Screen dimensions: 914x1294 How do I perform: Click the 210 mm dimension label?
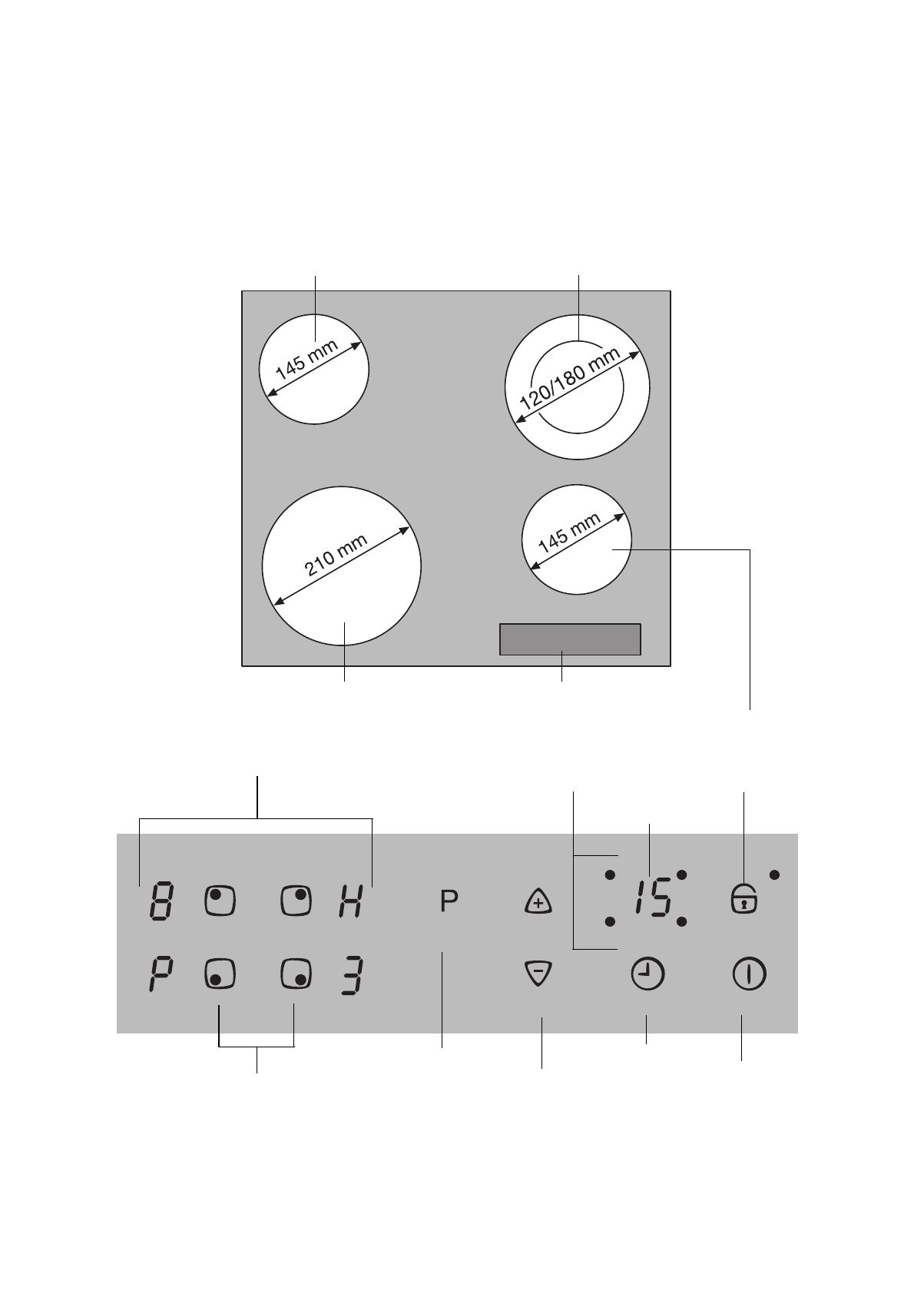point(336,556)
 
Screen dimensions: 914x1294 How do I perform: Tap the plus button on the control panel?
point(539,902)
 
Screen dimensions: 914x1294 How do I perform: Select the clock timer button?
point(647,975)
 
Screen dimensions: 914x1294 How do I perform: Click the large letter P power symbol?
point(449,901)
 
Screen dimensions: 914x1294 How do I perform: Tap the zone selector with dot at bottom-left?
point(220,974)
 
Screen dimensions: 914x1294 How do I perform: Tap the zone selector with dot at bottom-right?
point(296,974)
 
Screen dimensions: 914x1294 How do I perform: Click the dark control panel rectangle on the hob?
point(570,639)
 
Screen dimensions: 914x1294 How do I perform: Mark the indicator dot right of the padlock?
point(774,874)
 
